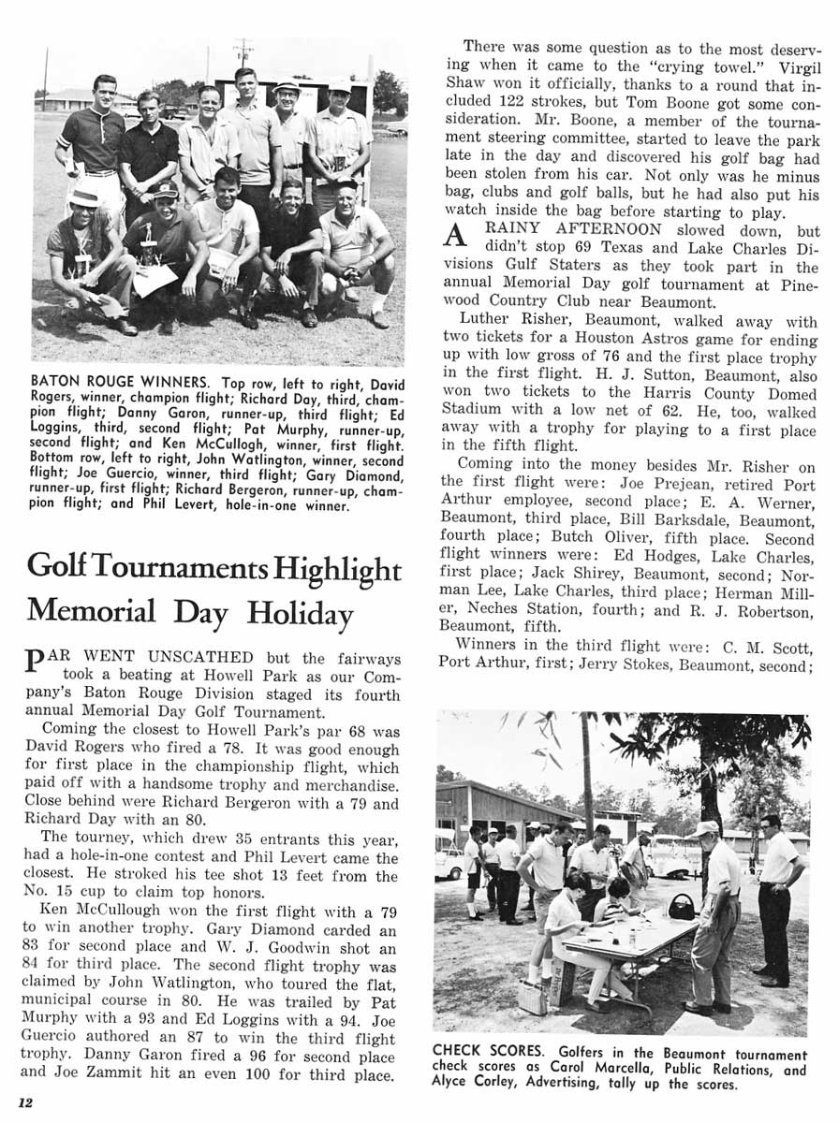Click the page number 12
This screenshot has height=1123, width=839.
click(25, 1101)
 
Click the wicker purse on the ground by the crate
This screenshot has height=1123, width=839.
click(532, 998)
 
